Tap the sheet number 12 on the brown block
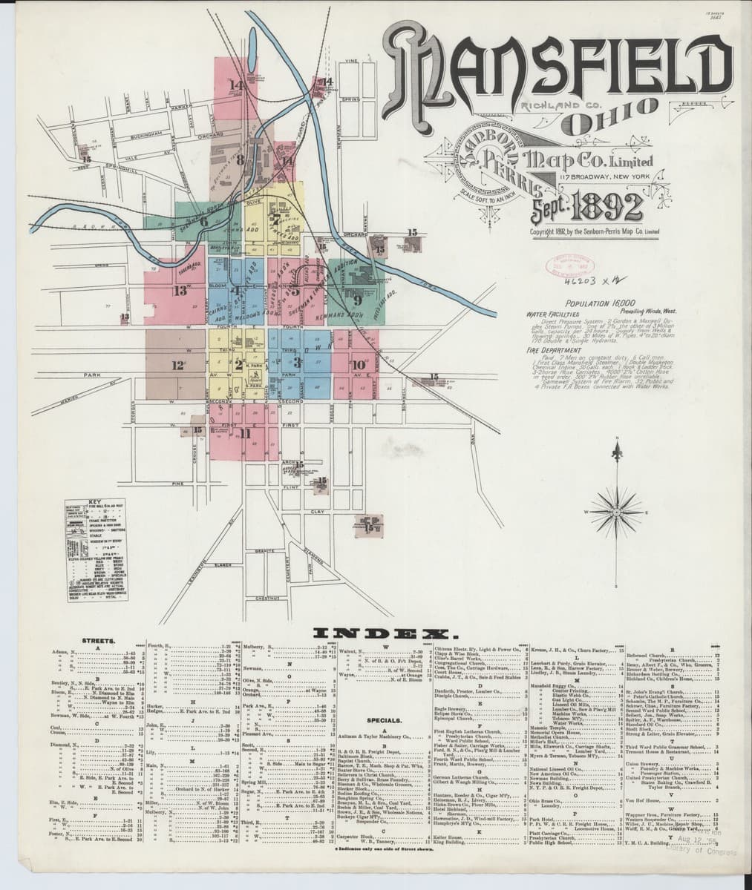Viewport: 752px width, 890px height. click(x=177, y=365)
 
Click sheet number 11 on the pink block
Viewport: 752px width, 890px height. click(x=246, y=433)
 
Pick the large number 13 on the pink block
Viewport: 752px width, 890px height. click(x=180, y=291)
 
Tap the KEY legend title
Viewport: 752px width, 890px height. click(x=94, y=501)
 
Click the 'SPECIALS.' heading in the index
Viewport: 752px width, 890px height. click(x=386, y=719)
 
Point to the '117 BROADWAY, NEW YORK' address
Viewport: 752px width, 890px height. click(x=602, y=177)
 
